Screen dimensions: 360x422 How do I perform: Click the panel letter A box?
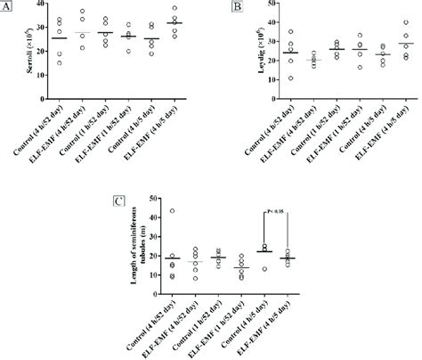6,7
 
